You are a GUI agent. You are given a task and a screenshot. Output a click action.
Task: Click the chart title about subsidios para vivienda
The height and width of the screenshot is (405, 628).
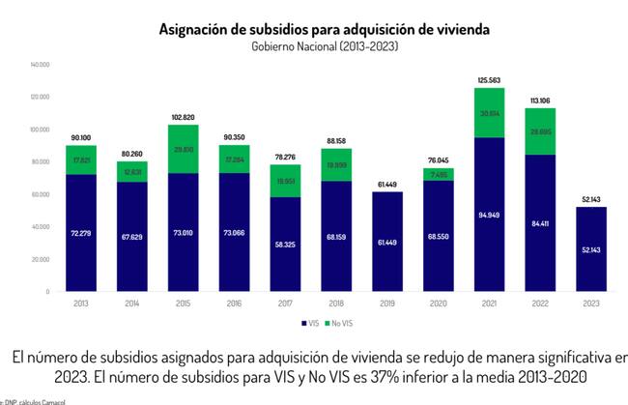coord(324,29)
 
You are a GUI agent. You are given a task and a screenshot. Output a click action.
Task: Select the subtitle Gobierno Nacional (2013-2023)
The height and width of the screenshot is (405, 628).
coord(324,45)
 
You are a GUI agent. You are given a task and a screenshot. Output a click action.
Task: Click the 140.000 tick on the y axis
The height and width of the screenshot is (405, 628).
coord(40,65)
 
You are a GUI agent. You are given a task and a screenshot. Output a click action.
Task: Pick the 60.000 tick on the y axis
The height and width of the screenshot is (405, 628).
coord(40,194)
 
